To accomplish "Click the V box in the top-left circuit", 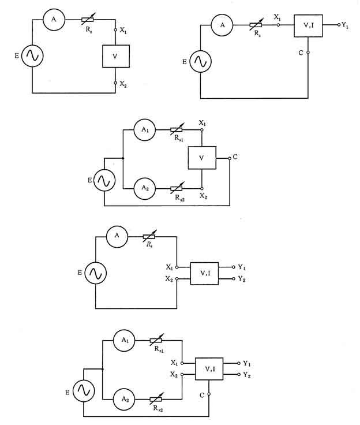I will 115,57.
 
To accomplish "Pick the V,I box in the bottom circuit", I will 209,368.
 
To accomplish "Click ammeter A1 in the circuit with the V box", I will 145,131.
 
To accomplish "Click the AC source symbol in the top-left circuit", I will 33,56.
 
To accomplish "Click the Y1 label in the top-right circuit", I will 345,25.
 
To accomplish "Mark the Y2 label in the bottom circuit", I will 247,375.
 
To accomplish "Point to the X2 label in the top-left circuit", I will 123,84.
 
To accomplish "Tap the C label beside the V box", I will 237,156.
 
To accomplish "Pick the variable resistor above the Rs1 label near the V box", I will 177,131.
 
